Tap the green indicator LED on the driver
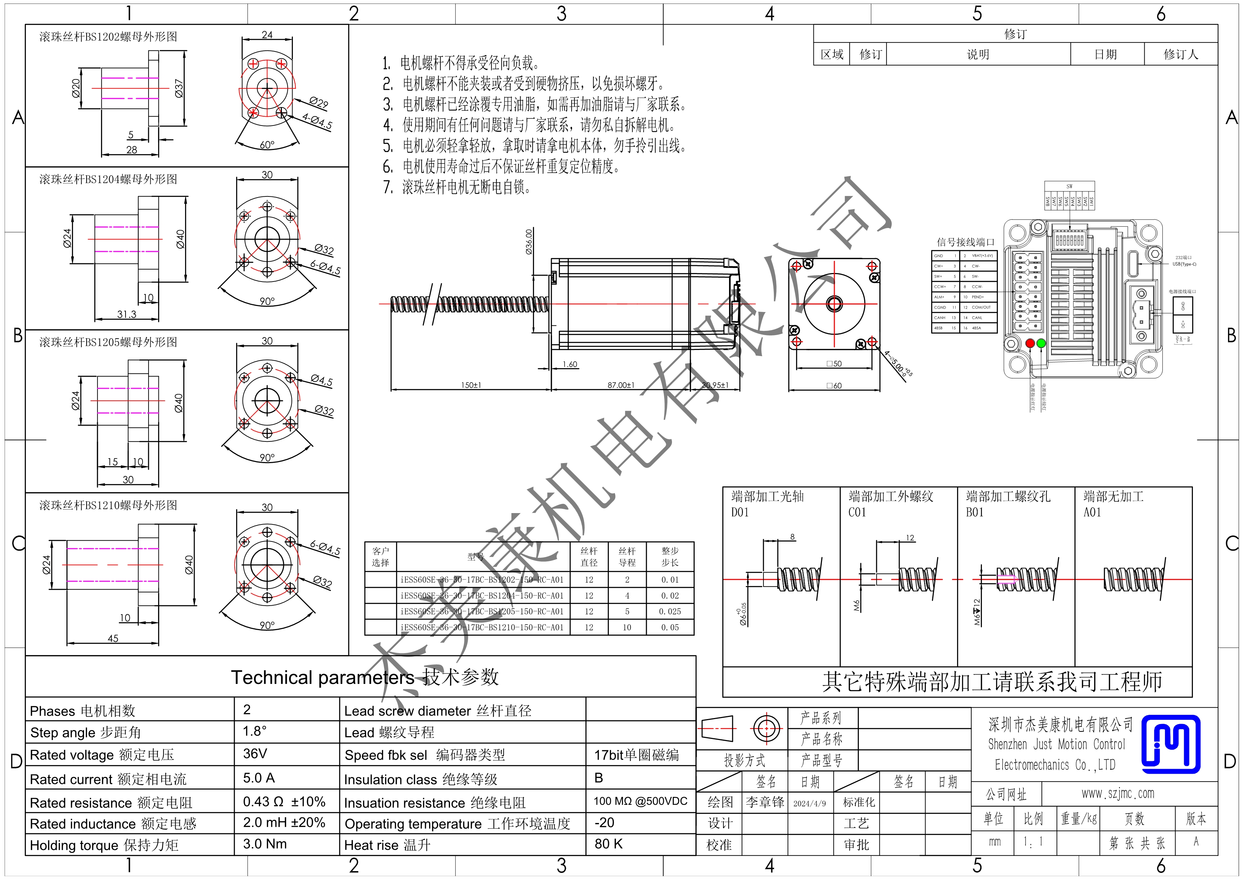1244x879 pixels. click(1041, 343)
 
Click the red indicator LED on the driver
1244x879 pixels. click(1030, 343)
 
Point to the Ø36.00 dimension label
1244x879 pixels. click(529, 241)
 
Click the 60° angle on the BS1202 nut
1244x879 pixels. click(267, 145)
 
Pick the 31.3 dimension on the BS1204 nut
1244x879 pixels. click(127, 314)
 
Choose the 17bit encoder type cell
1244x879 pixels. click(636, 755)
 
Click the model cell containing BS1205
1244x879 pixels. click(482, 611)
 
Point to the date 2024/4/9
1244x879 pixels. click(810, 803)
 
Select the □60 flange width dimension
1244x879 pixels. click(834, 386)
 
